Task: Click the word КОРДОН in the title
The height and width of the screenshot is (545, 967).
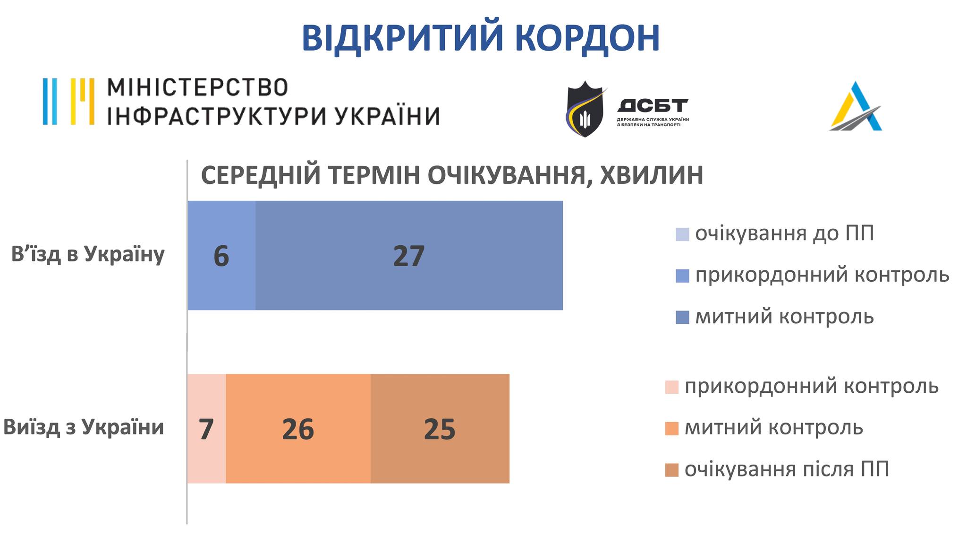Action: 591,38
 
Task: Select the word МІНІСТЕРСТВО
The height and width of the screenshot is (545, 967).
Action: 197,87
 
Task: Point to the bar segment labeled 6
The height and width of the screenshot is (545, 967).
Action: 221,255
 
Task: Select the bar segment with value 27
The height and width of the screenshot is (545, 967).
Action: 409,255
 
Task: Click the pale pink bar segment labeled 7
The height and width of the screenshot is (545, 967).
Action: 207,428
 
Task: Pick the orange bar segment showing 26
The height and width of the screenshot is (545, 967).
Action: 298,428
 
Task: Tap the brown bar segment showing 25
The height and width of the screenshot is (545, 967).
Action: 440,428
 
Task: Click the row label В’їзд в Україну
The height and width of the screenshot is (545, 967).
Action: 88,254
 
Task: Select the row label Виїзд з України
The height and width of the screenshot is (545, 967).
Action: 84,427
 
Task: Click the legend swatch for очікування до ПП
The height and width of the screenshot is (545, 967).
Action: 682,234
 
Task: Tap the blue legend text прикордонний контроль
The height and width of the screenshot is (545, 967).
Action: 822,275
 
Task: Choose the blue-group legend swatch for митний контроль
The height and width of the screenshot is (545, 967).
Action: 682,317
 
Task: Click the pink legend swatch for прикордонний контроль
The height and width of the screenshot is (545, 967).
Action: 671,387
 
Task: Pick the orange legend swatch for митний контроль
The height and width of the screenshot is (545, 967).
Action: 671,428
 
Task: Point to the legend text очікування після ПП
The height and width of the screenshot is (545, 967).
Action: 787,469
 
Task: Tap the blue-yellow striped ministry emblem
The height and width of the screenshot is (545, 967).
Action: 68,102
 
